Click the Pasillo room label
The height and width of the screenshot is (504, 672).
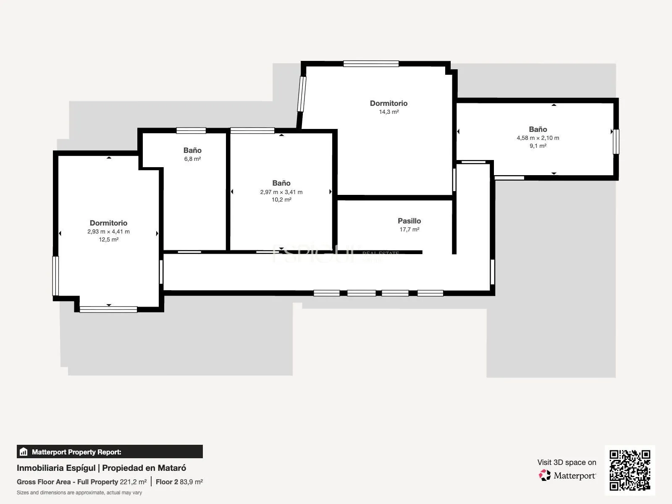pos(409,221)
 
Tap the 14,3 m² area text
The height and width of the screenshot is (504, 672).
pos(389,112)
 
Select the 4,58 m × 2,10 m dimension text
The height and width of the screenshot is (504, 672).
pos(538,138)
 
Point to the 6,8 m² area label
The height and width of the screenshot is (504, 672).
pos(192,159)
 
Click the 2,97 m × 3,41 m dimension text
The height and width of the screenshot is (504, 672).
pos(281,192)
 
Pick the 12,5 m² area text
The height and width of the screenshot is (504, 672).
pos(108,239)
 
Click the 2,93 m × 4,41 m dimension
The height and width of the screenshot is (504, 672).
pos(108,232)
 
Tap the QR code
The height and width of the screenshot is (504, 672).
pos(630,470)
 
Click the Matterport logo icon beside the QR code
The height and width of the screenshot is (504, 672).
pos(545,475)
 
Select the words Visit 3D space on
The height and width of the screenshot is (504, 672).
pos(567,462)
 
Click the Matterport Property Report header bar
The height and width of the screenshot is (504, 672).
pos(110,451)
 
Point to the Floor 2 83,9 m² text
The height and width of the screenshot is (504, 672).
pos(179,482)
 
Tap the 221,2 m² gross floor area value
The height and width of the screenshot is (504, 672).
pos(133,482)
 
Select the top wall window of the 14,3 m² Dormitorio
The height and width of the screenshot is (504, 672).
pos(371,64)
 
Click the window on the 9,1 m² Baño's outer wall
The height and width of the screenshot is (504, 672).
pos(616,142)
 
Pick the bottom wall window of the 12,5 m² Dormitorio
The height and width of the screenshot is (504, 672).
pos(108,310)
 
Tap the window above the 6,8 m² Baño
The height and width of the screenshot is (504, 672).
pos(191,131)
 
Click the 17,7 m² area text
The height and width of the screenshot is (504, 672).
pos(409,229)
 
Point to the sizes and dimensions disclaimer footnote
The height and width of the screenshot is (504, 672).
pos(79,493)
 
